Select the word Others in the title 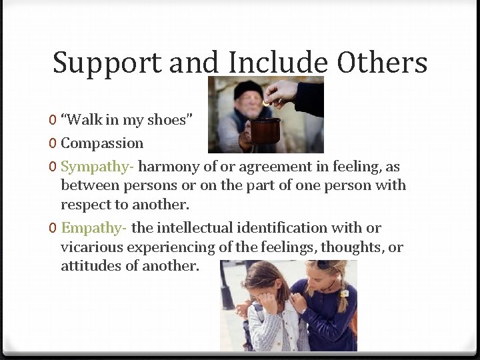382,63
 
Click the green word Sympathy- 97,167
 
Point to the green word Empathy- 94,228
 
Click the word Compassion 102,143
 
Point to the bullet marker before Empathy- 53,229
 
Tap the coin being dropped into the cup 267,103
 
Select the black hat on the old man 247,89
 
